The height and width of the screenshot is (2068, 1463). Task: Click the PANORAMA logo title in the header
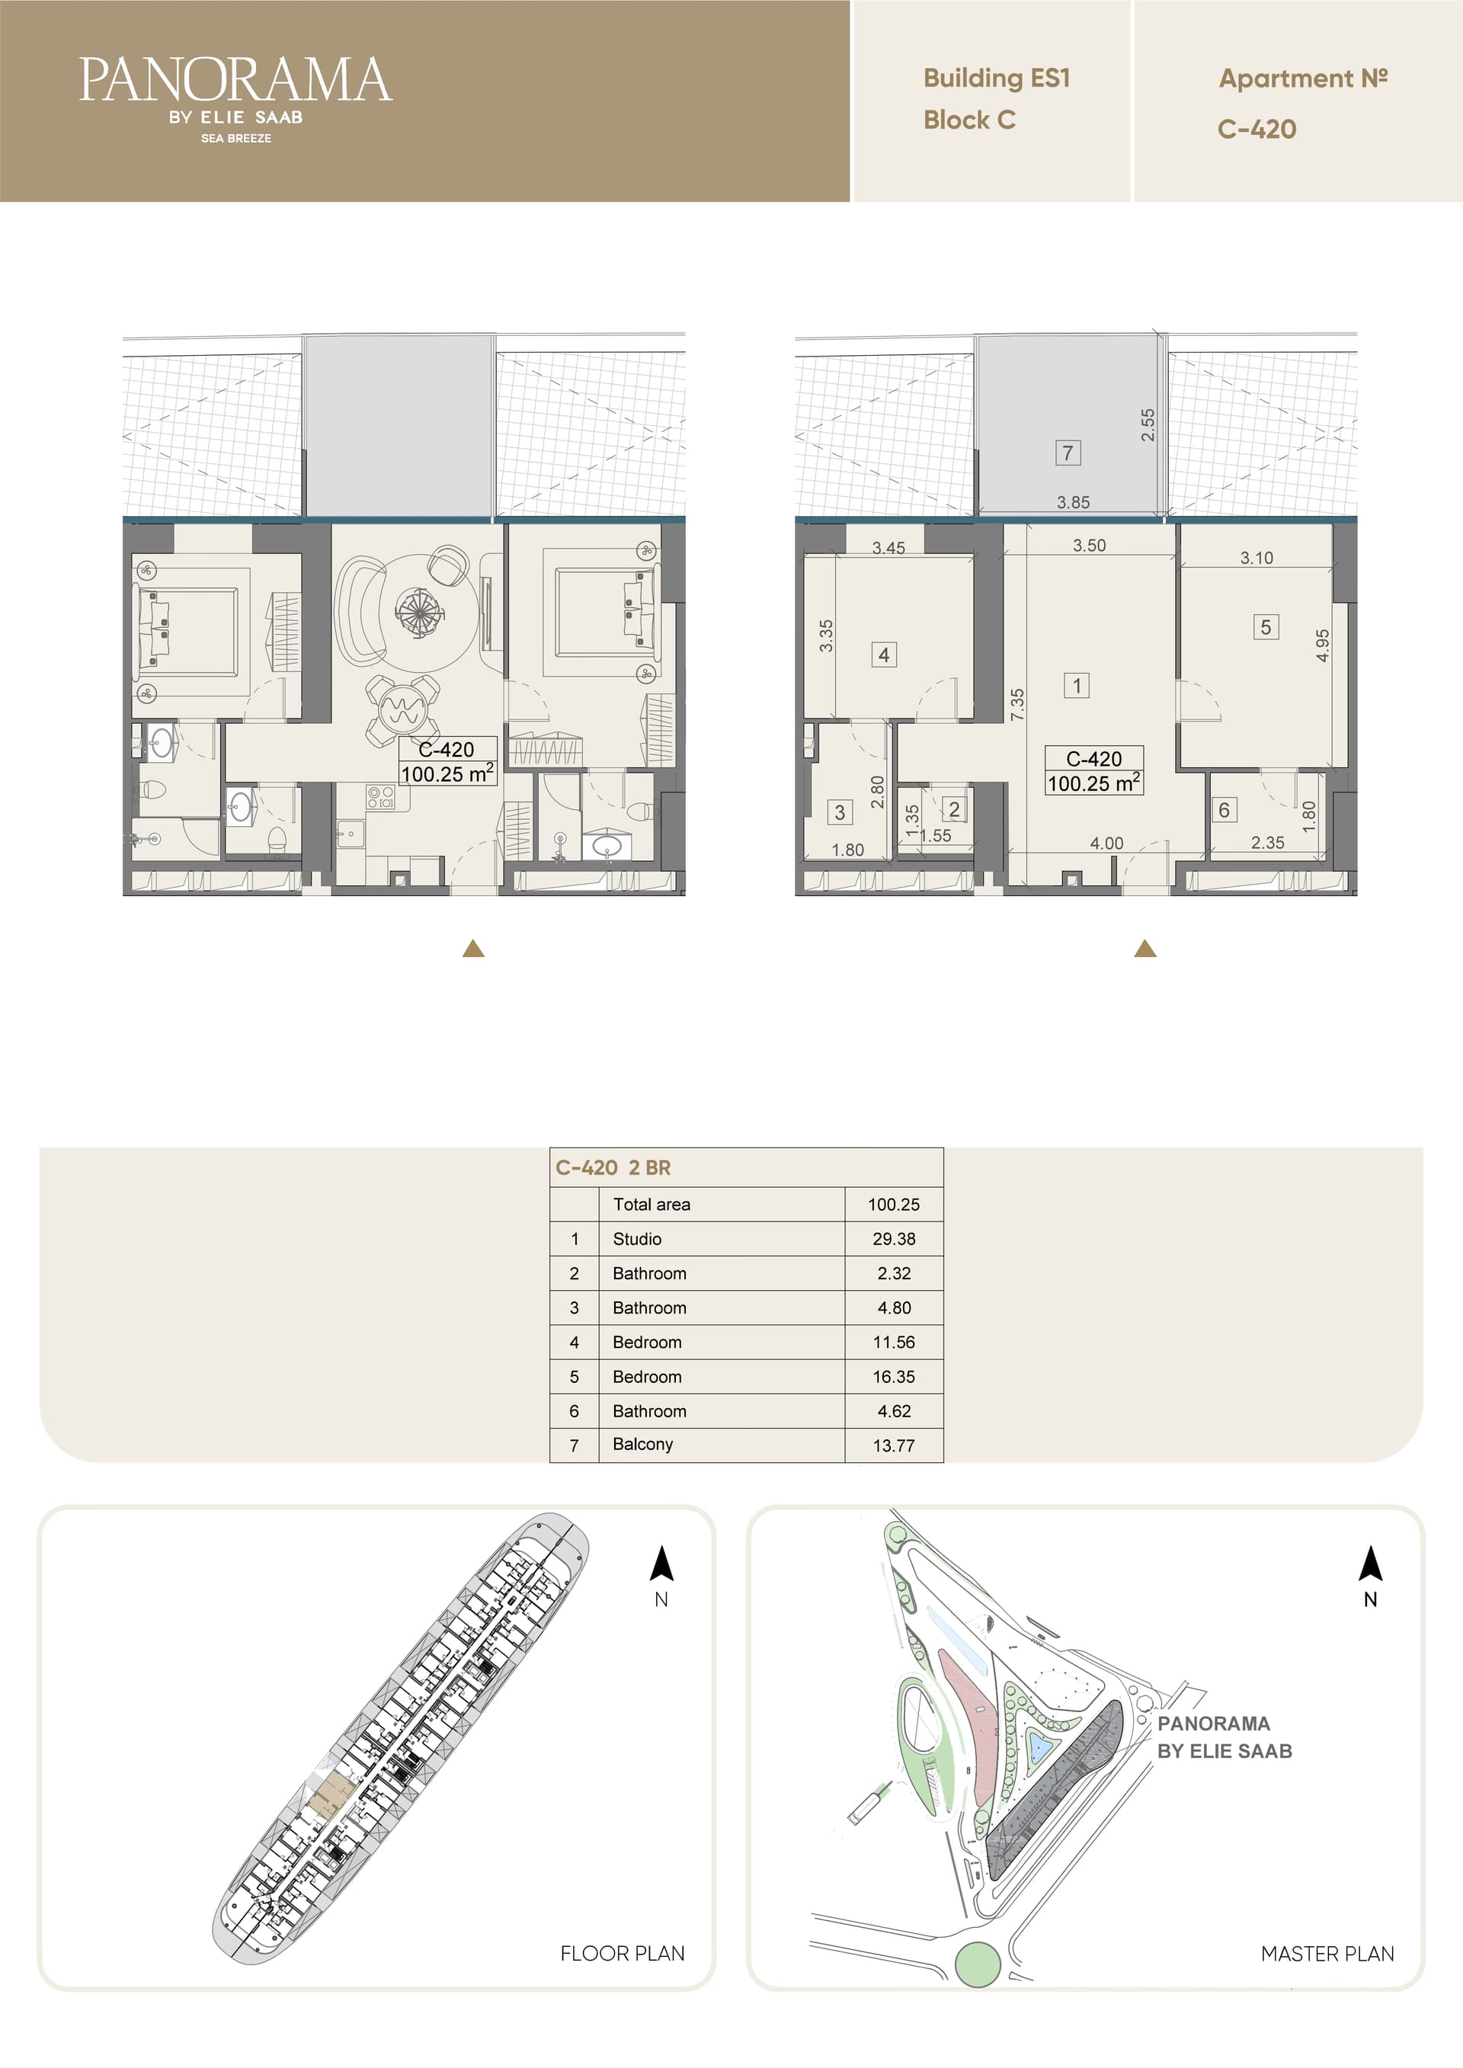point(235,79)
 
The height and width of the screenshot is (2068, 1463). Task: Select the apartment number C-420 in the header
point(1257,129)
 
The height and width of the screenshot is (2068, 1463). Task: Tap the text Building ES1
point(997,78)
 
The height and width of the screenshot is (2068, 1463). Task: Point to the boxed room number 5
point(1266,627)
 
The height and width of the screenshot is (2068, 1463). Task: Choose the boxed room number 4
point(884,655)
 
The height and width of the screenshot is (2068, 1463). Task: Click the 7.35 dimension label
point(1017,704)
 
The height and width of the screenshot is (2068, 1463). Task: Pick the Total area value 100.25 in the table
point(894,1204)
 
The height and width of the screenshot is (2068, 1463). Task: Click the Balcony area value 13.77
point(894,1445)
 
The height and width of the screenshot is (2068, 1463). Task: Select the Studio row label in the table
point(637,1238)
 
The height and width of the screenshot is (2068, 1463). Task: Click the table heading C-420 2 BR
point(613,1167)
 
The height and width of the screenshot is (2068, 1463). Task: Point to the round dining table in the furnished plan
point(402,712)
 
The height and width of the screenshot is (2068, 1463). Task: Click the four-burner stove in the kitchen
point(380,796)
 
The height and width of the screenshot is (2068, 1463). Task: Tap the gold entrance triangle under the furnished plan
point(473,949)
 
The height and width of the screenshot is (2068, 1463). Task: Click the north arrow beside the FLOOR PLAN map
point(661,1564)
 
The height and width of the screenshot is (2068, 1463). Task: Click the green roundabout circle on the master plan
point(978,1964)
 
